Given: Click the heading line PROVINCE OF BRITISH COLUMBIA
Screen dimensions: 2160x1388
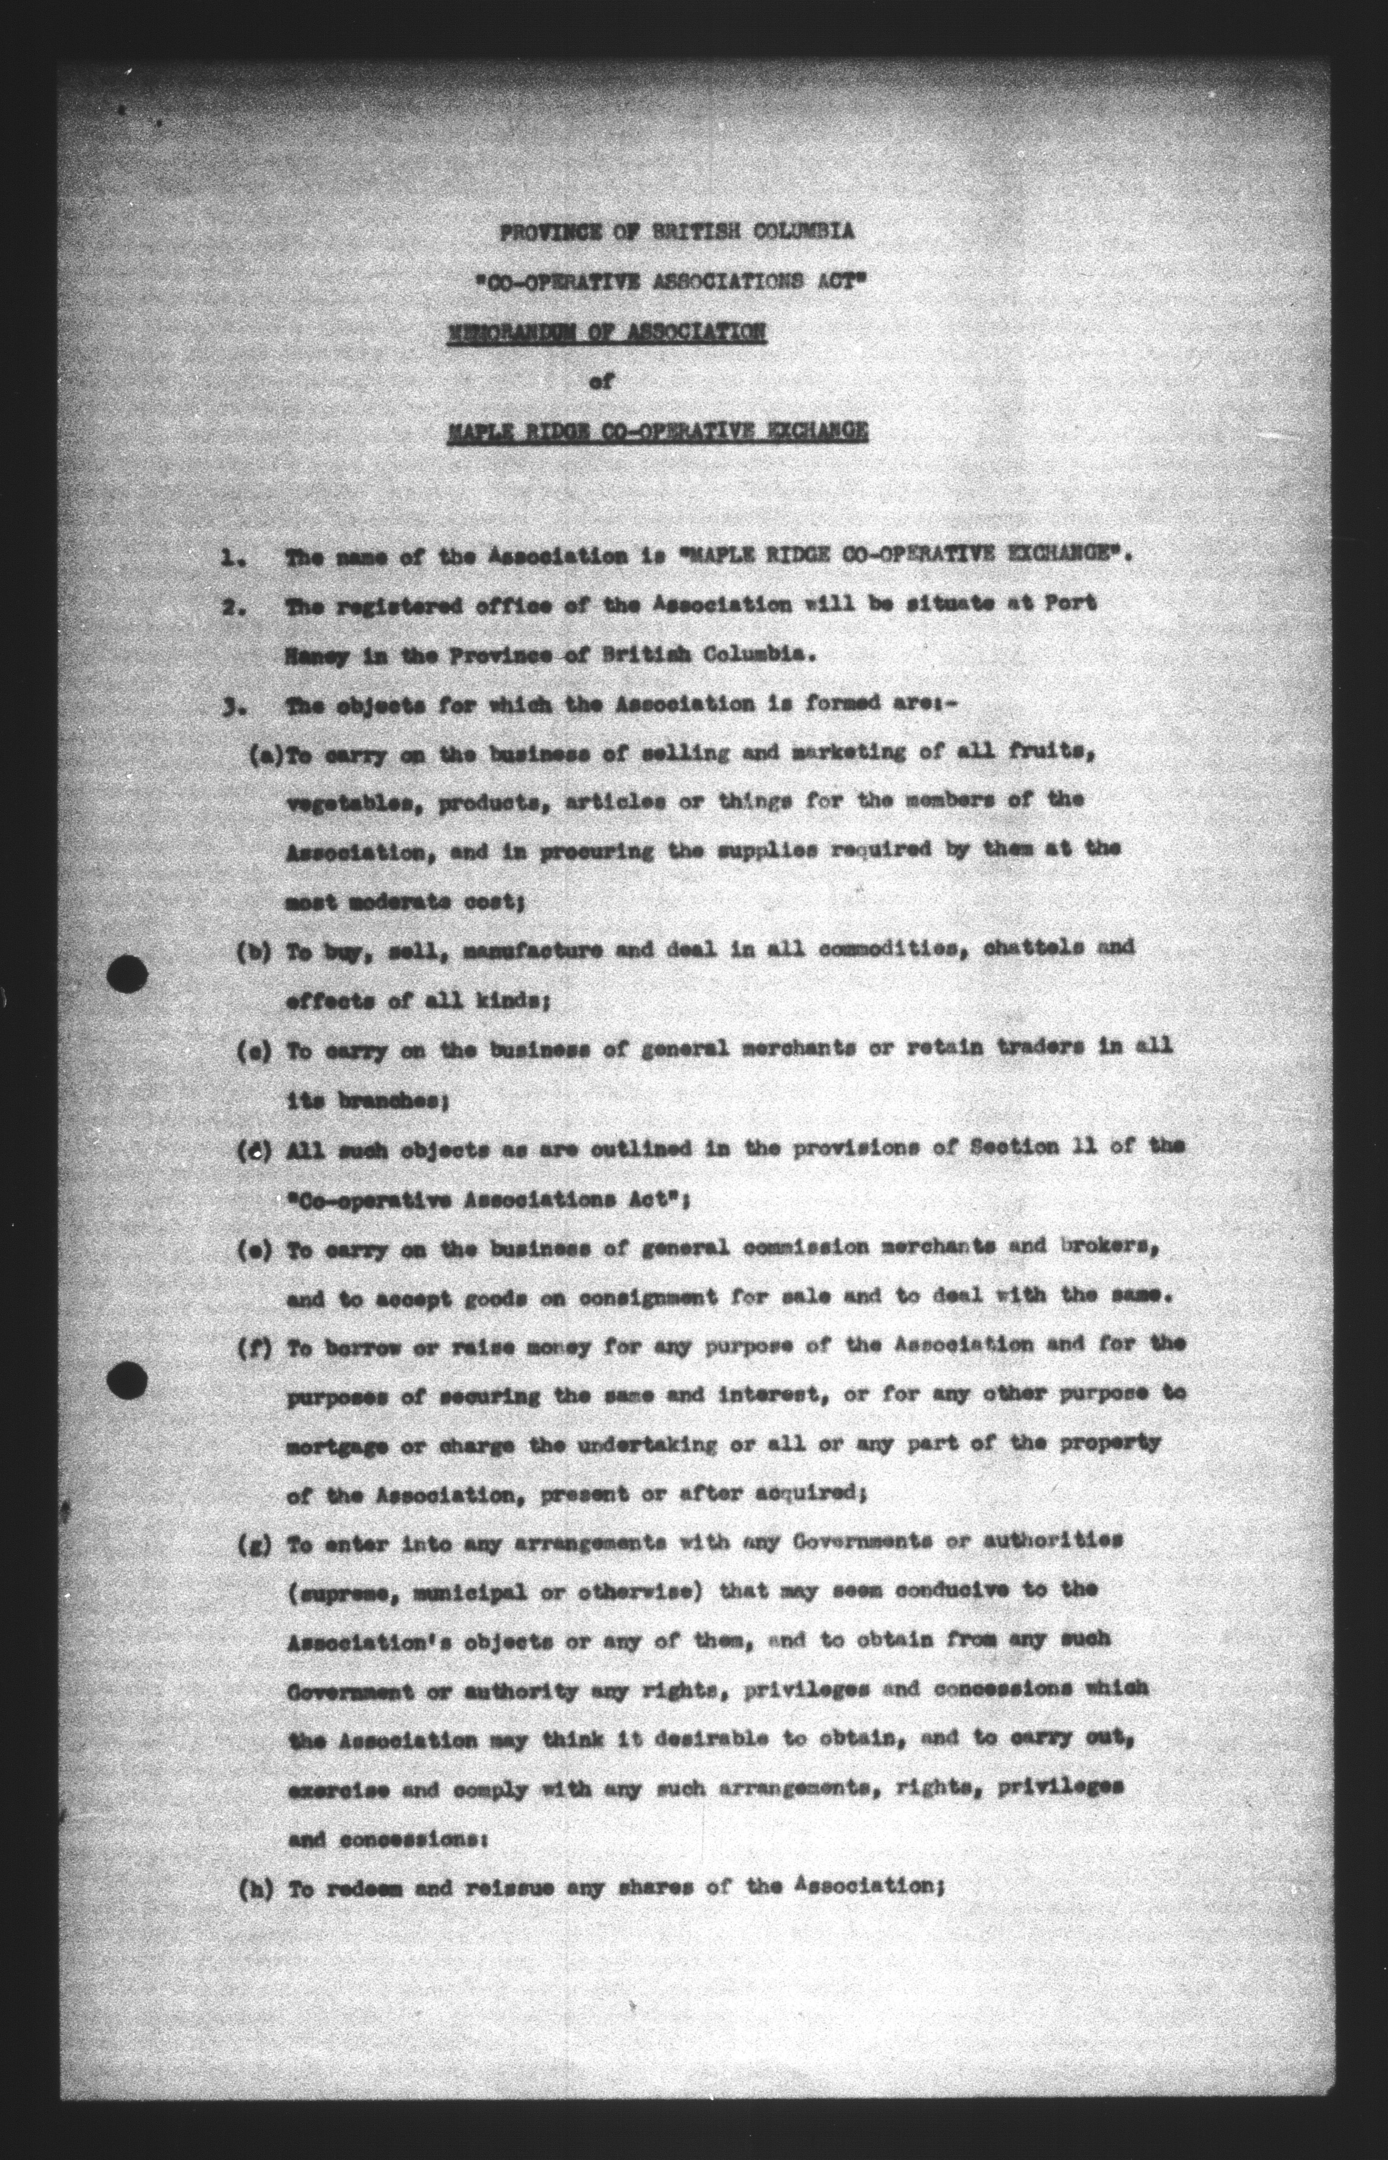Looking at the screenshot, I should (x=677, y=231).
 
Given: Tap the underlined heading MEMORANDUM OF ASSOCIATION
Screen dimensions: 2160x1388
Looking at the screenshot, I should (x=607, y=332).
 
